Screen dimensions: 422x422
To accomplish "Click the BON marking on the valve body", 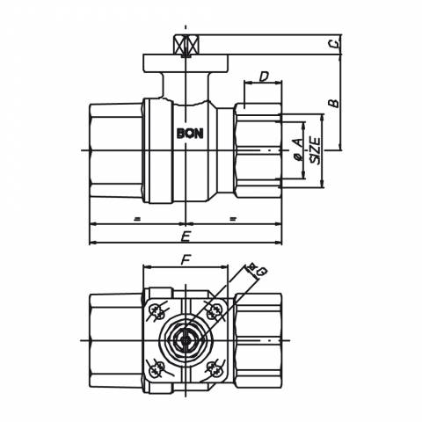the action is point(190,134).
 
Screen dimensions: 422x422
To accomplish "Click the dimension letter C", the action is point(334,44).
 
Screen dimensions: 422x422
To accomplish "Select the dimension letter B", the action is point(333,103).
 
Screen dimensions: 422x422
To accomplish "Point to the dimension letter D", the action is point(265,76).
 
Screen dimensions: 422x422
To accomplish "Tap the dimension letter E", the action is point(186,236).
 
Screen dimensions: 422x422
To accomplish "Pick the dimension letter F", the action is point(186,259).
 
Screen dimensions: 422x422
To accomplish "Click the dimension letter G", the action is point(261,272).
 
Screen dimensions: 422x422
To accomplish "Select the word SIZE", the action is point(316,151).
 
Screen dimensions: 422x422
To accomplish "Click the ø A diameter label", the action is point(299,149).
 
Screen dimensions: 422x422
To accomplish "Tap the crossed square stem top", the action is point(186,45).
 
